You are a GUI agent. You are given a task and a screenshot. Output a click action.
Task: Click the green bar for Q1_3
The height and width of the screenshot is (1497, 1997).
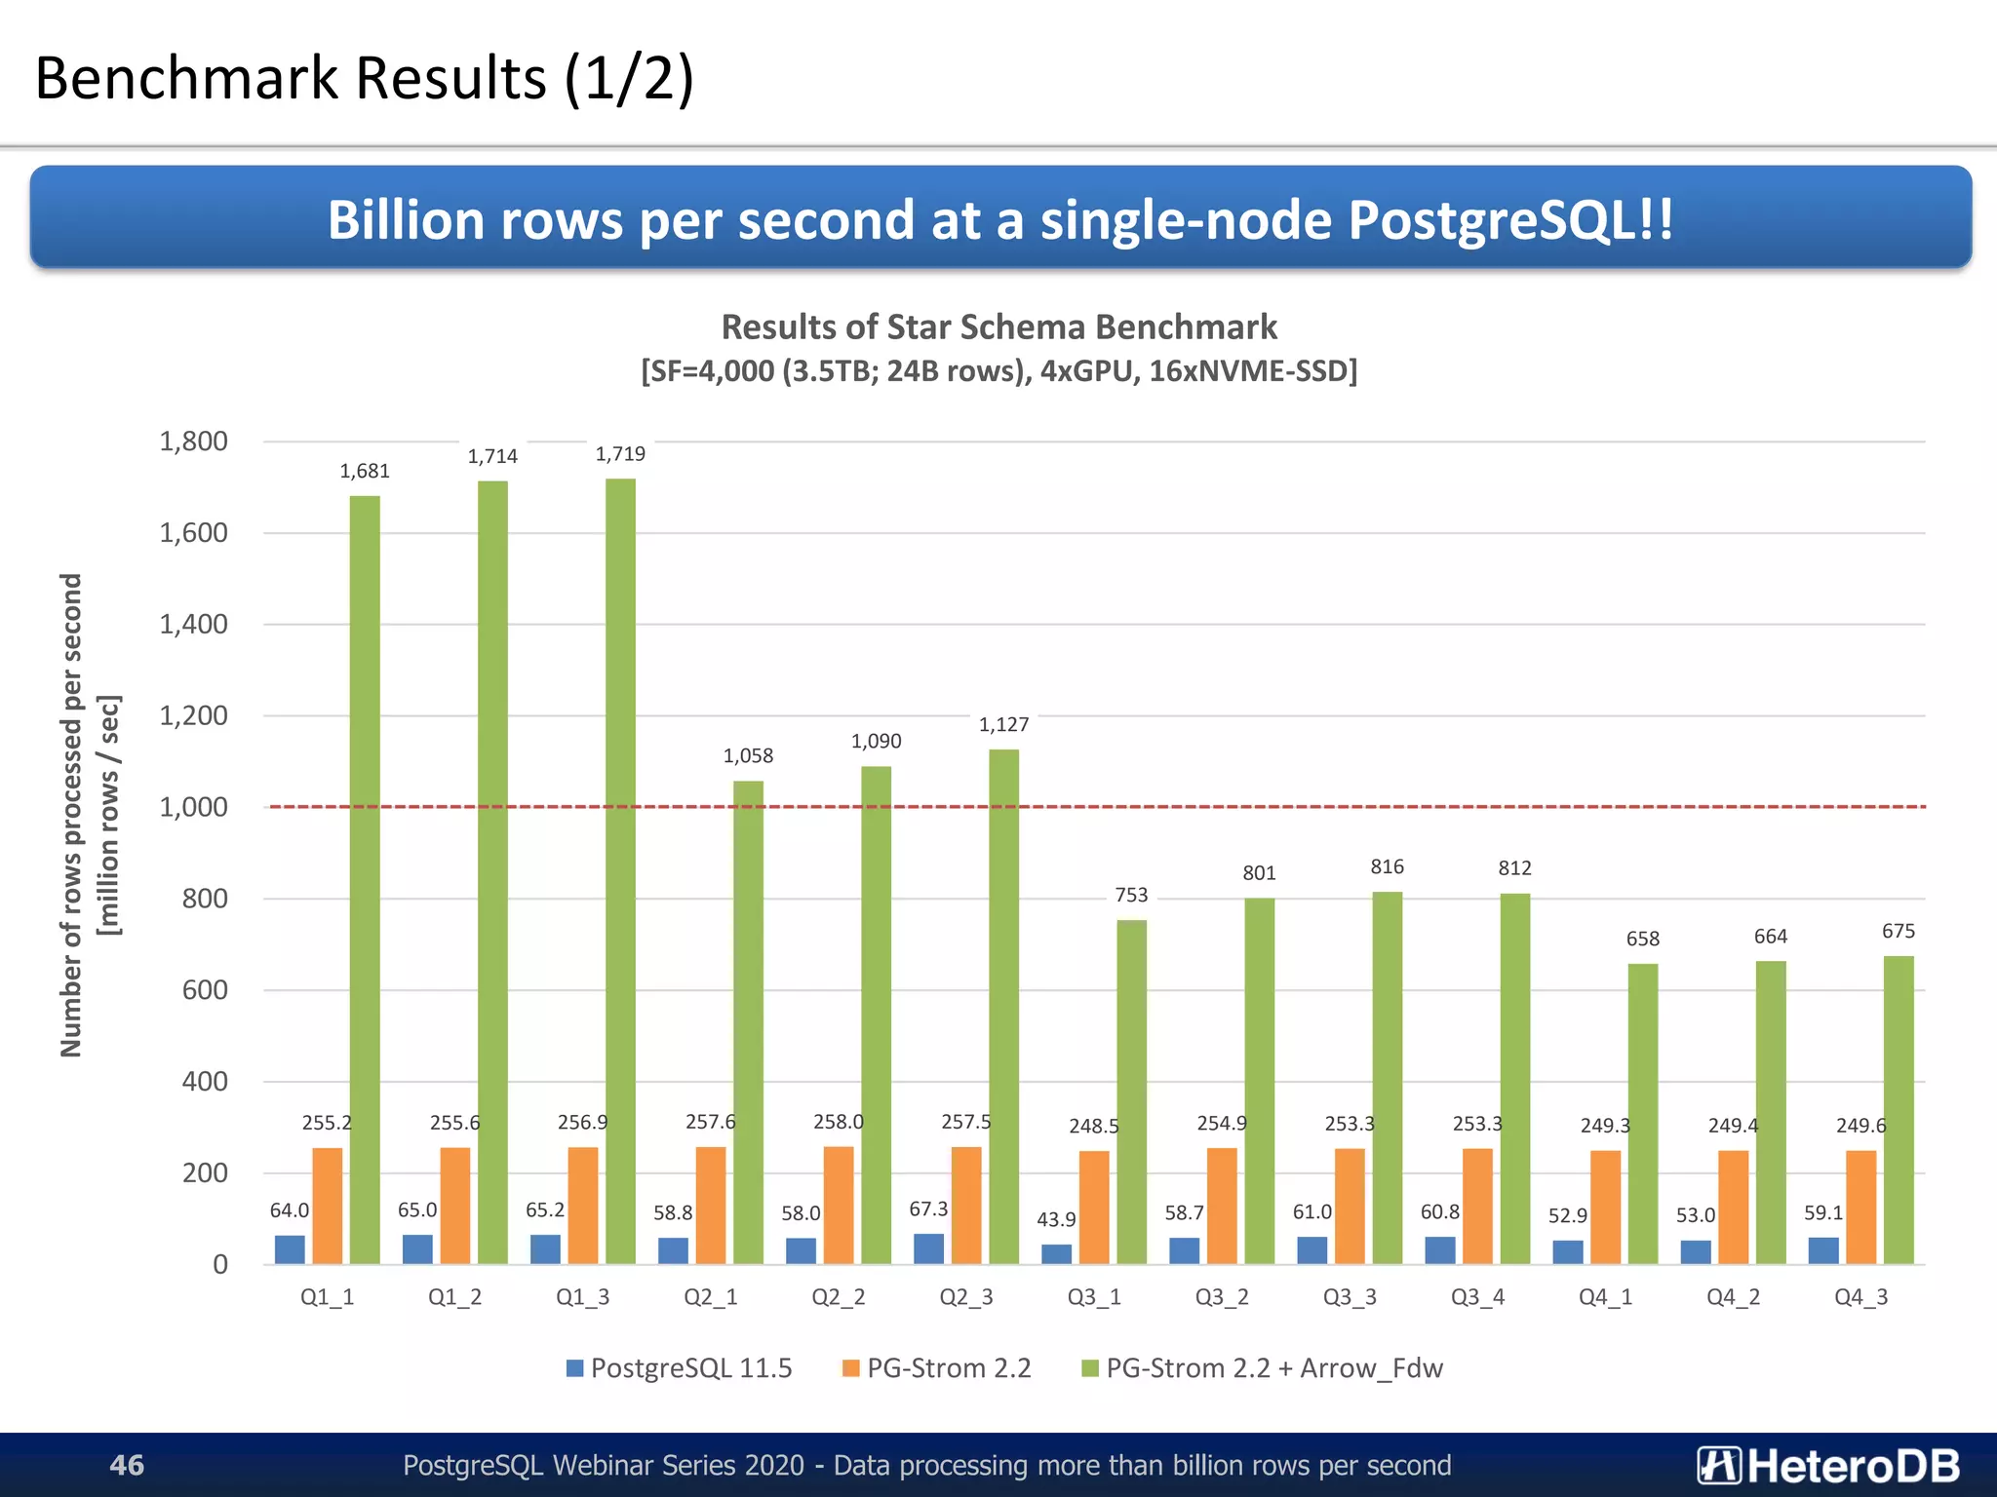click(620, 871)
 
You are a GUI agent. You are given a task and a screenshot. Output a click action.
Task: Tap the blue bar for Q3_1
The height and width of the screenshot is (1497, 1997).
click(1056, 1254)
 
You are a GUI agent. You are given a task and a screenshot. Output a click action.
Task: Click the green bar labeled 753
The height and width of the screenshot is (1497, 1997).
click(1131, 1092)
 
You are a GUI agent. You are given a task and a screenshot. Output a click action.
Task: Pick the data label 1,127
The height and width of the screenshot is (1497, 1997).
click(1003, 724)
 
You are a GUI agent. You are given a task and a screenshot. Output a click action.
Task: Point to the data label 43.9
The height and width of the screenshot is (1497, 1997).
click(1056, 1219)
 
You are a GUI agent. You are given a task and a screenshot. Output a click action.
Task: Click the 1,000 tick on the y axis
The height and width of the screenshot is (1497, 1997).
click(193, 807)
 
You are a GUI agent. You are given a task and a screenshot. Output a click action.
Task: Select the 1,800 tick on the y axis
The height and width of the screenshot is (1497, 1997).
click(193, 441)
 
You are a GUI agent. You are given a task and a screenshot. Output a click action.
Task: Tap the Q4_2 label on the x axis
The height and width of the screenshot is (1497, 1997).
click(1733, 1297)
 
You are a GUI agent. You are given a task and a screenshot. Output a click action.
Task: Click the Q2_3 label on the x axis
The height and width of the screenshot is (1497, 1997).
click(965, 1297)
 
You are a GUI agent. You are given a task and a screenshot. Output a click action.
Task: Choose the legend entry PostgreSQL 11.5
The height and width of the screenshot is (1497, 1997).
click(680, 1368)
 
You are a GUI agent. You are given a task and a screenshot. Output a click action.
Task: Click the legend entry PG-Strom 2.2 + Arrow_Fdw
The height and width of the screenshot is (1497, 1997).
click(1262, 1368)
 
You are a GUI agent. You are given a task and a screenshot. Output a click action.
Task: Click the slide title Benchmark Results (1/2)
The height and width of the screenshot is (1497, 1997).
click(364, 78)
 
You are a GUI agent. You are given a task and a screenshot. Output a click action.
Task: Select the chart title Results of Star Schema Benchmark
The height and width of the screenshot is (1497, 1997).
click(998, 327)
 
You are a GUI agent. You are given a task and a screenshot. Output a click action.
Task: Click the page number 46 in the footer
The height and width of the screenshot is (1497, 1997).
click(127, 1465)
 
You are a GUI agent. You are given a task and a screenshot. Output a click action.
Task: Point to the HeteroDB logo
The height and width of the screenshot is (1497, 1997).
click(1827, 1465)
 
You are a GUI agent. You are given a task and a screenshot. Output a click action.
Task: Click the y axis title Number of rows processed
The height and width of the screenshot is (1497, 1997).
click(71, 815)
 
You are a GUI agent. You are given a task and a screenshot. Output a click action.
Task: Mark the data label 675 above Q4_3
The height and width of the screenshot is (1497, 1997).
click(1898, 931)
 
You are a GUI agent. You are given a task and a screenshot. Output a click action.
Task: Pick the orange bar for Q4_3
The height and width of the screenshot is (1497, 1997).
click(1860, 1208)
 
